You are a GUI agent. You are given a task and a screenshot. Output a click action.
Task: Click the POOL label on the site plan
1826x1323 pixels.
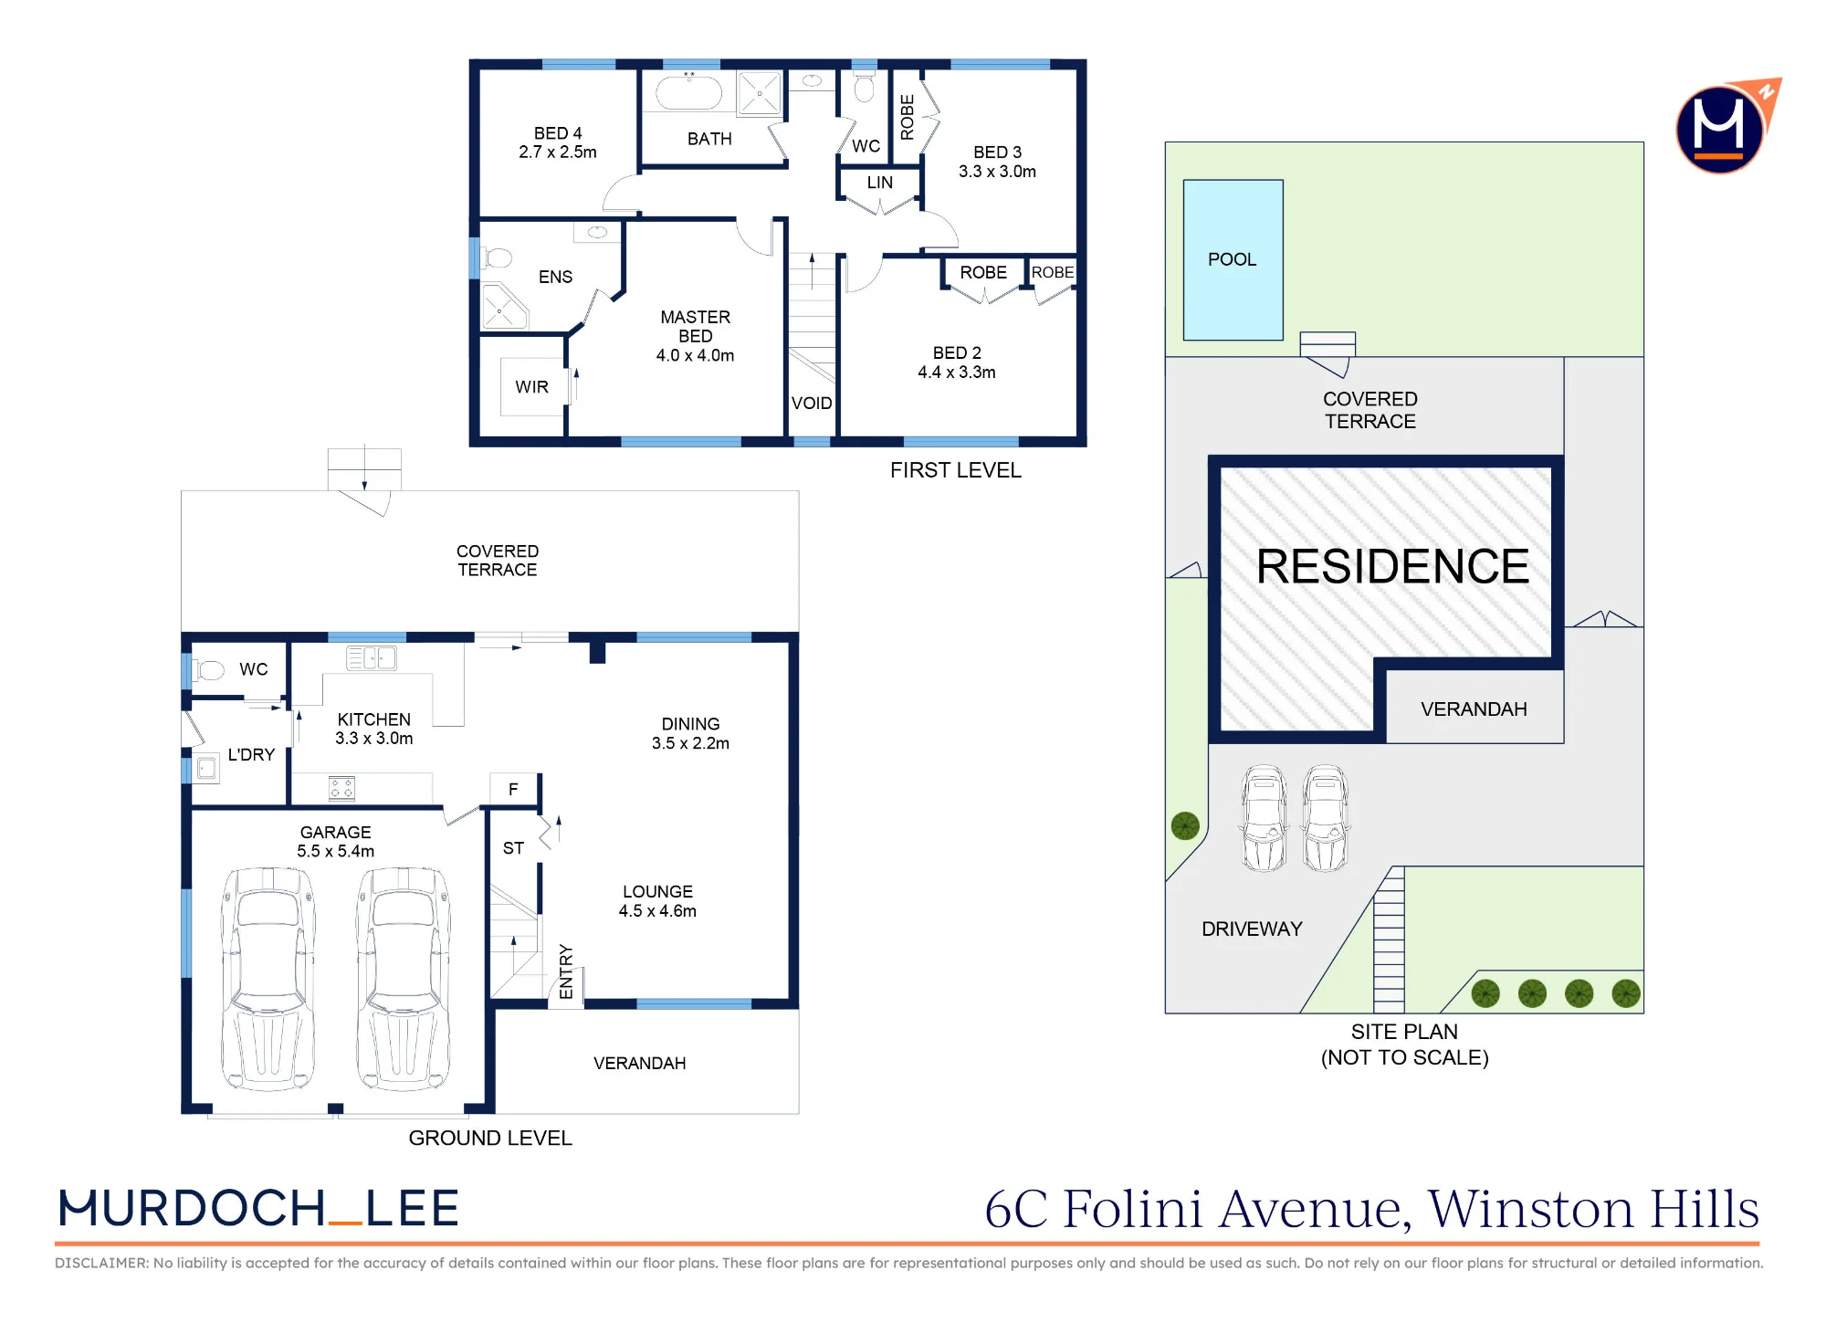tap(1232, 259)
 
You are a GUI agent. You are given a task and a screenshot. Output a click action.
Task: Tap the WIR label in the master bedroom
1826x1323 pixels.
tap(531, 387)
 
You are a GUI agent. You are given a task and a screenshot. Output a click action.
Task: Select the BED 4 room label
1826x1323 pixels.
tap(558, 133)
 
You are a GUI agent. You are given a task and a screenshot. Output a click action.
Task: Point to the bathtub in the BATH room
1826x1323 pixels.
tap(689, 93)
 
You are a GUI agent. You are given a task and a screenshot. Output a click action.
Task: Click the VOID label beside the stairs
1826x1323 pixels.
tap(812, 404)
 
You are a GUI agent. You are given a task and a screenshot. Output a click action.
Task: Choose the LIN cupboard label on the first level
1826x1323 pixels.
tap(880, 183)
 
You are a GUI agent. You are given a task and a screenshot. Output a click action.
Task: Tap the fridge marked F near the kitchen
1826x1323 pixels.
tap(513, 789)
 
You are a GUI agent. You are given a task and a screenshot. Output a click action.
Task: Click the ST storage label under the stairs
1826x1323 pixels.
tap(513, 848)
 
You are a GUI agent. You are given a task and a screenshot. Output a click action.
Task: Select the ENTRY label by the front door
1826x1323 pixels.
tap(566, 972)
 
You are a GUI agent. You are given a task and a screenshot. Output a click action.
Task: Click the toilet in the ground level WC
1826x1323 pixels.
tap(208, 670)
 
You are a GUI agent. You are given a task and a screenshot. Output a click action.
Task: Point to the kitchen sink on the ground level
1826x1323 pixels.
tap(372, 657)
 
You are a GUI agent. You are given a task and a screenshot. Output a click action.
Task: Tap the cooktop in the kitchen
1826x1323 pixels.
tap(341, 788)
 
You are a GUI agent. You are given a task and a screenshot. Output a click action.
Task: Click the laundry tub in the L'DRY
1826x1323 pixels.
tap(207, 769)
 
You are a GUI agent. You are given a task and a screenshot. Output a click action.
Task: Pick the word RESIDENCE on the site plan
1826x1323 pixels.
tap(1392, 566)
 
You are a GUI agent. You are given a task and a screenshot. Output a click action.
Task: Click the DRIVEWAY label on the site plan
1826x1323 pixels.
tap(1252, 929)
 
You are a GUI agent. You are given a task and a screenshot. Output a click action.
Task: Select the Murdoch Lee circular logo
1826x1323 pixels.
tap(1721, 128)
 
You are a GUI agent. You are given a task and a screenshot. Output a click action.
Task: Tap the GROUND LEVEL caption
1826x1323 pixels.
tap(490, 1139)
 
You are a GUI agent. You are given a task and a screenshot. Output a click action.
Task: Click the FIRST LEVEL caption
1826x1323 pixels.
tap(956, 470)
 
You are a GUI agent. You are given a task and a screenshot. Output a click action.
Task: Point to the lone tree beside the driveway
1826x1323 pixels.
tap(1185, 826)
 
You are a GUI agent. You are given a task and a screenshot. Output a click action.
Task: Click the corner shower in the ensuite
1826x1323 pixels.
tap(502, 308)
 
